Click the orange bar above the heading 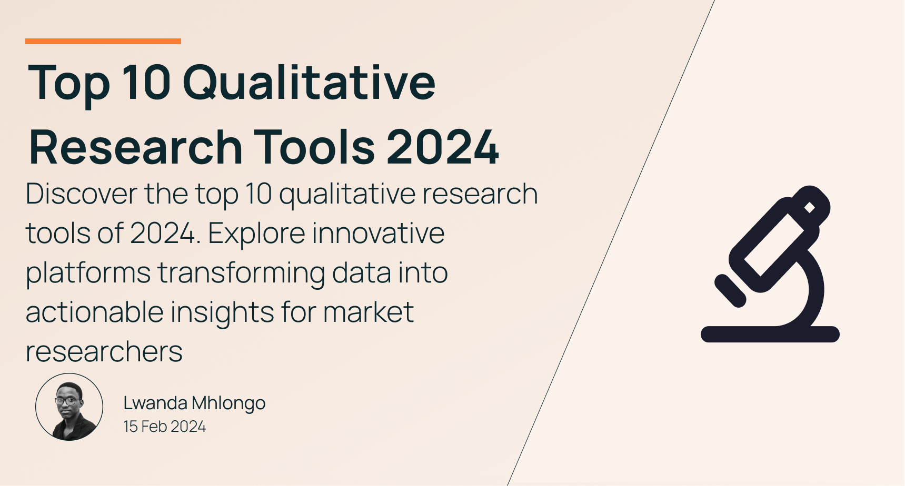[103, 41]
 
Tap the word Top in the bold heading [68, 83]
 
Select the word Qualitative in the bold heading [309, 83]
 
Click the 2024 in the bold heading [443, 147]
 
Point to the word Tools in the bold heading [314, 147]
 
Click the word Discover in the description [81, 194]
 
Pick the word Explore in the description [256, 233]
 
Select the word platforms [88, 273]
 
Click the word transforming [241, 273]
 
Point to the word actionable [94, 312]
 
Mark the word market [368, 312]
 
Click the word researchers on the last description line [104, 351]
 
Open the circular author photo [69, 407]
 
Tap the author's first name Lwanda [155, 403]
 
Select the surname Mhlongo [228, 403]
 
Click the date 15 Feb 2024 [164, 427]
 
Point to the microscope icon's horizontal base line [770, 335]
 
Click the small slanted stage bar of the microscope [730, 290]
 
